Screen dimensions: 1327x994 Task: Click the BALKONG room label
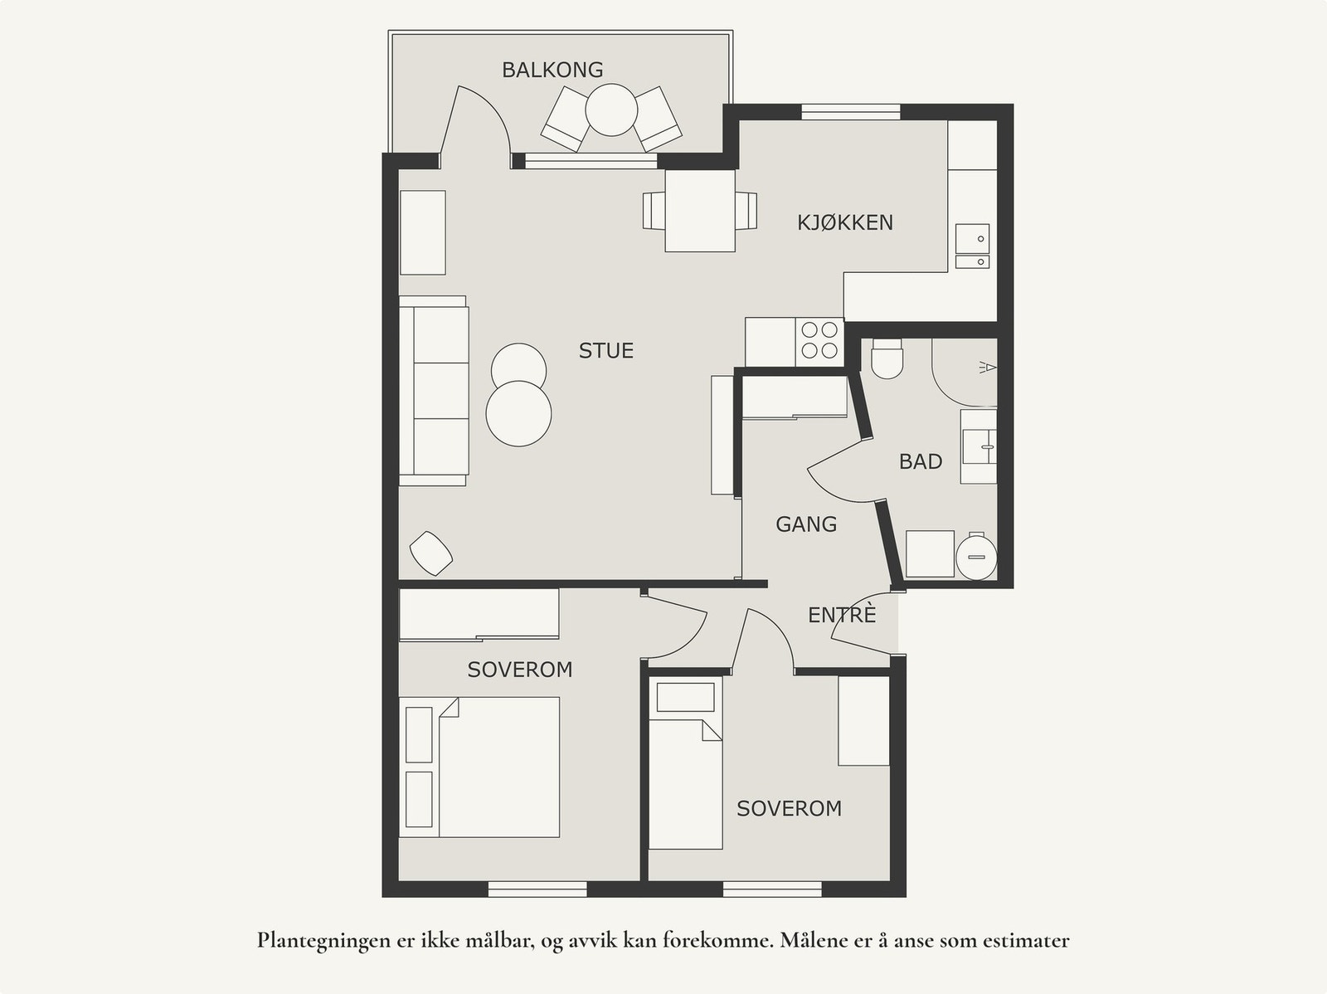tap(552, 71)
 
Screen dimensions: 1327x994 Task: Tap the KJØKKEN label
tap(844, 222)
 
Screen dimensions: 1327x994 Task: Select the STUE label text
tap(605, 351)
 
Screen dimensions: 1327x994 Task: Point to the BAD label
tap(920, 462)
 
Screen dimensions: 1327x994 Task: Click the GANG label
tap(806, 524)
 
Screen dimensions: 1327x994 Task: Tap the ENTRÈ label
tap(842, 615)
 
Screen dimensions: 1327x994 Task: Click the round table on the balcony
tap(611, 110)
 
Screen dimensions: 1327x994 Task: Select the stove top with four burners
tap(819, 342)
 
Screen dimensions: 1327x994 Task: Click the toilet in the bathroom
tap(887, 358)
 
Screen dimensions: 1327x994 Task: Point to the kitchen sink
tap(972, 246)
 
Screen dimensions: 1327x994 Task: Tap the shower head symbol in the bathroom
tap(988, 367)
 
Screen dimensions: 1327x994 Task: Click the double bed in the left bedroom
tap(479, 767)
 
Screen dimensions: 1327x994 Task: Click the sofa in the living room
tap(434, 391)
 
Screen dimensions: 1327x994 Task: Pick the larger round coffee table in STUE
tap(518, 413)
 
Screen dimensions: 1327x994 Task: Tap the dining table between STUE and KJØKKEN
tap(700, 211)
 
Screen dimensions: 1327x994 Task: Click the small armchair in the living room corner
tap(431, 553)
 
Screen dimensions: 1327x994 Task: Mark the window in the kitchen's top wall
tap(851, 113)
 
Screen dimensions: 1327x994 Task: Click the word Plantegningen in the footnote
tap(323, 941)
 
